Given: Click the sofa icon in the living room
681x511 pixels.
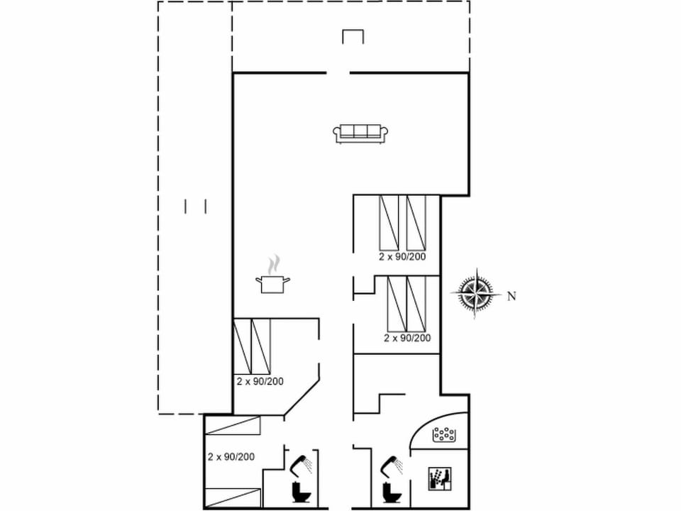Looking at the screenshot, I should coord(361,133).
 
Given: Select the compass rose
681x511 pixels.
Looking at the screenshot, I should coord(477,293).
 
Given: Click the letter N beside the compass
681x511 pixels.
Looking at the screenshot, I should coord(511,297).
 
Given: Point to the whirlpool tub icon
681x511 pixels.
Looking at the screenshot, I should coord(444,435).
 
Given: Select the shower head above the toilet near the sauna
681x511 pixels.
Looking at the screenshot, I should coord(391,465).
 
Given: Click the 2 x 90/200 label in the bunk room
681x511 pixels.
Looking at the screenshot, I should coord(231,456).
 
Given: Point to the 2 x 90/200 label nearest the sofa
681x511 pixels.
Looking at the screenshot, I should coord(402,257).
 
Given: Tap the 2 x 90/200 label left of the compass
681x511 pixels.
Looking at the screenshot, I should coord(407,338).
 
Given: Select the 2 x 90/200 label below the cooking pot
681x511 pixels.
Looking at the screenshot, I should coord(260,381).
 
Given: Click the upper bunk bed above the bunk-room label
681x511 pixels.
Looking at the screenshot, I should coord(233,425).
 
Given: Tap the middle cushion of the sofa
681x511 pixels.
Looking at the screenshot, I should coord(361,131).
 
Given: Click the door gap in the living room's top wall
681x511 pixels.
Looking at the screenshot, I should coord(338,72).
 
